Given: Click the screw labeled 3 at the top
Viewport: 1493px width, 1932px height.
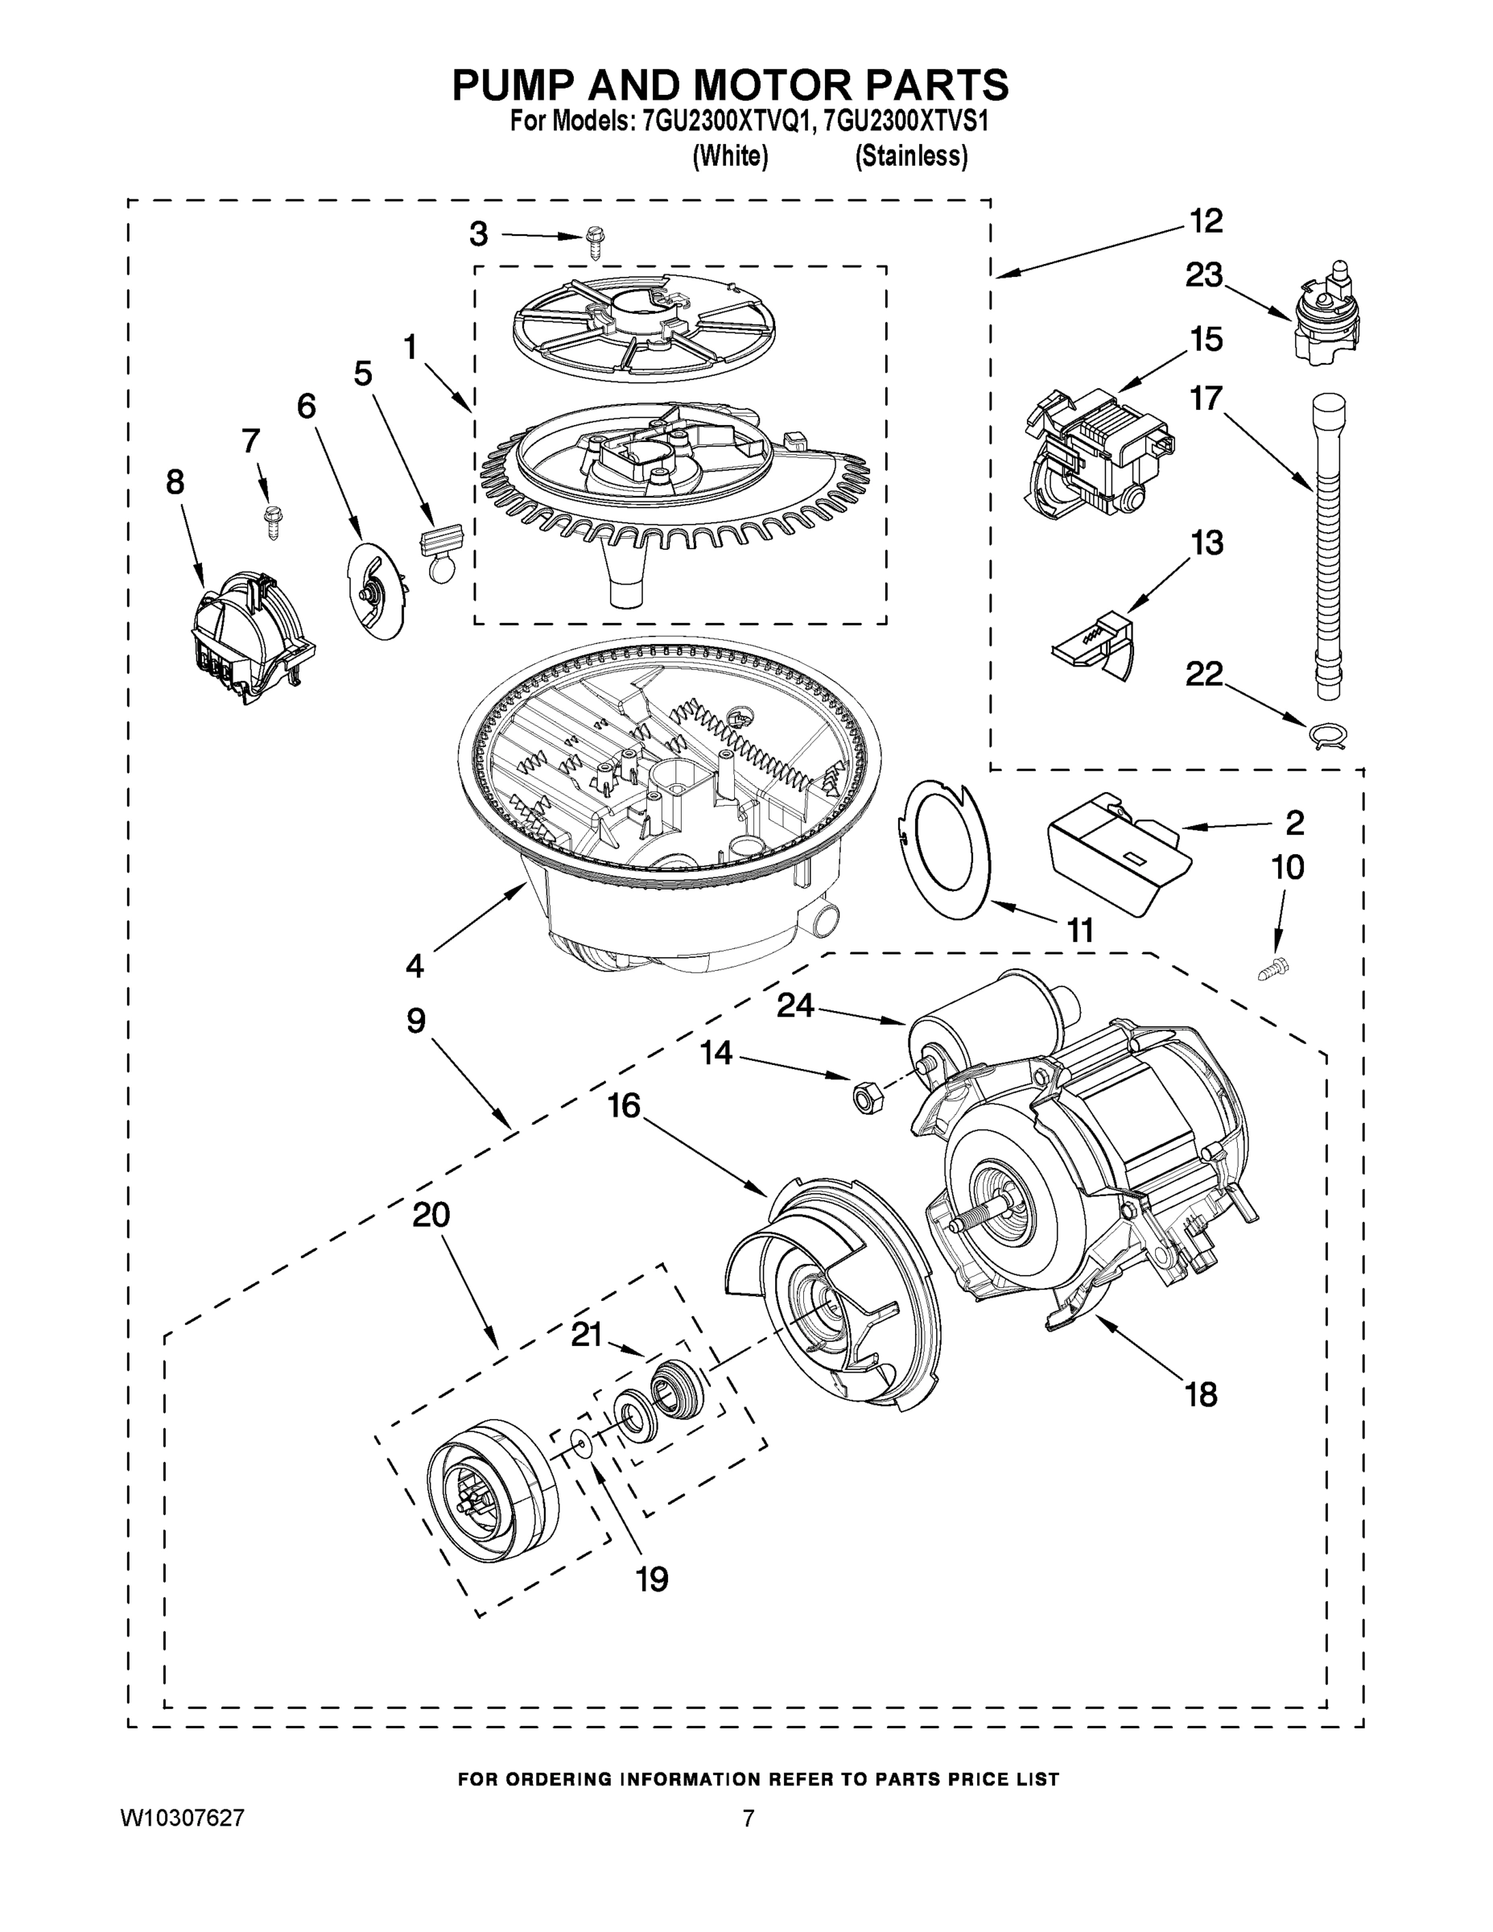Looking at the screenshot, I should pos(596,241).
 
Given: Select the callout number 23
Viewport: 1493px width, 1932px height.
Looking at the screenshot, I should pos(1204,275).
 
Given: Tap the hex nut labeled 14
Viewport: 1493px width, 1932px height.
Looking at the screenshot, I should pos(860,1097).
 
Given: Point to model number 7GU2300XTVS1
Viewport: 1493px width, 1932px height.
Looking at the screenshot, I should pos(905,122).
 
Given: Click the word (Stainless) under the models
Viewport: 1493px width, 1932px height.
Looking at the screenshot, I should pos(911,157).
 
